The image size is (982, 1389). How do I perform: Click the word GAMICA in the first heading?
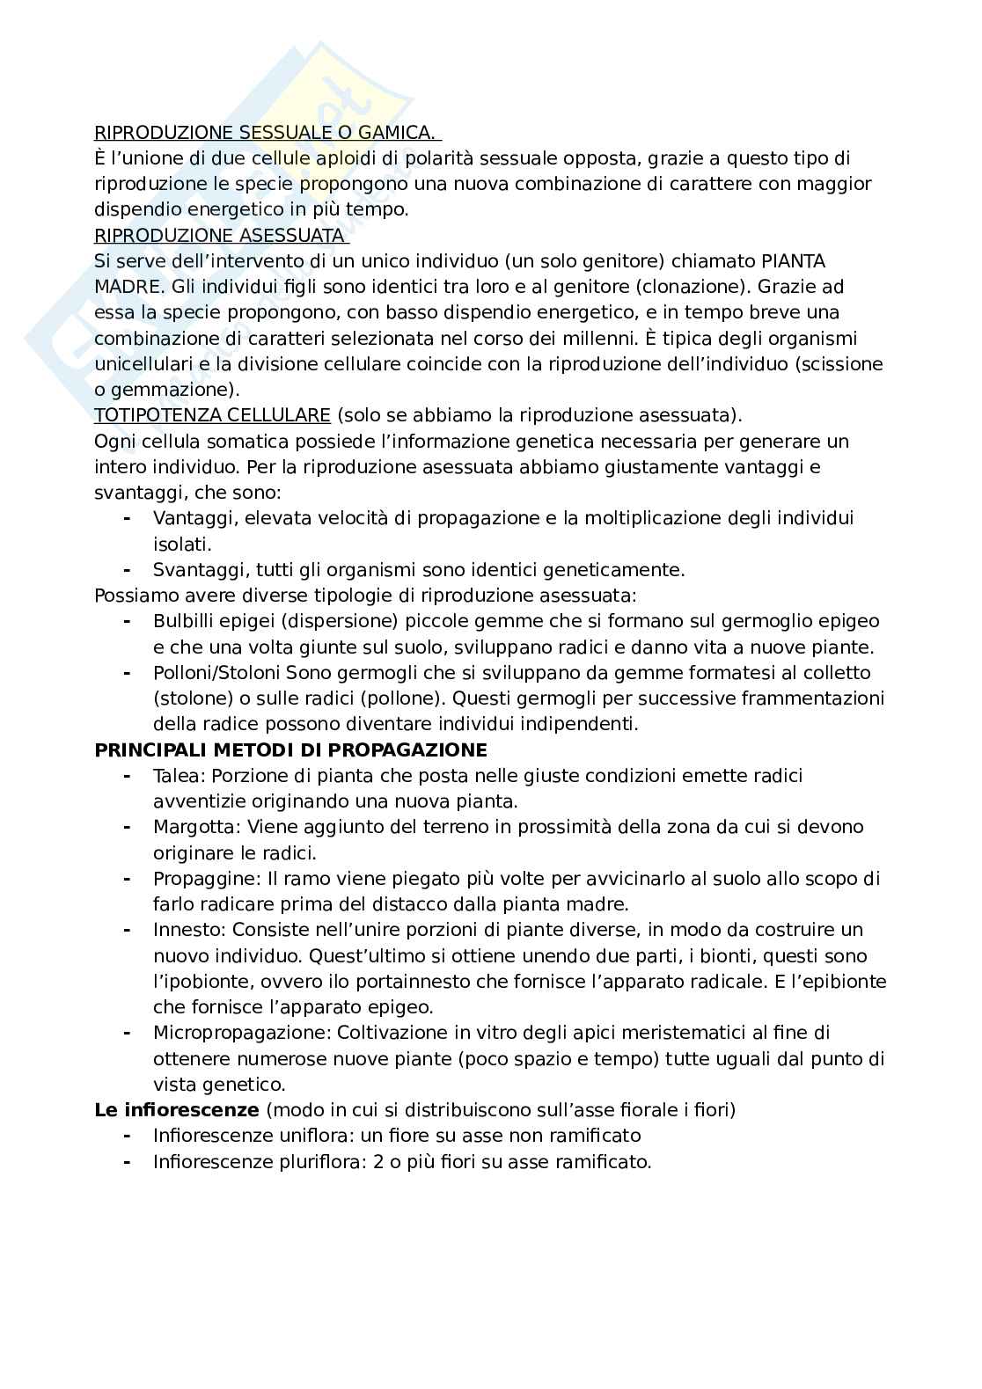(x=399, y=133)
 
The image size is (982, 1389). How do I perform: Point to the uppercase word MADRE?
(x=122, y=287)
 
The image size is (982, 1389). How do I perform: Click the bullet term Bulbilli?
(x=184, y=621)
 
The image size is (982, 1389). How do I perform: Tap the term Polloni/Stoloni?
(x=216, y=673)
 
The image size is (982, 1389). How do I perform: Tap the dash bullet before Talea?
(x=128, y=776)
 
